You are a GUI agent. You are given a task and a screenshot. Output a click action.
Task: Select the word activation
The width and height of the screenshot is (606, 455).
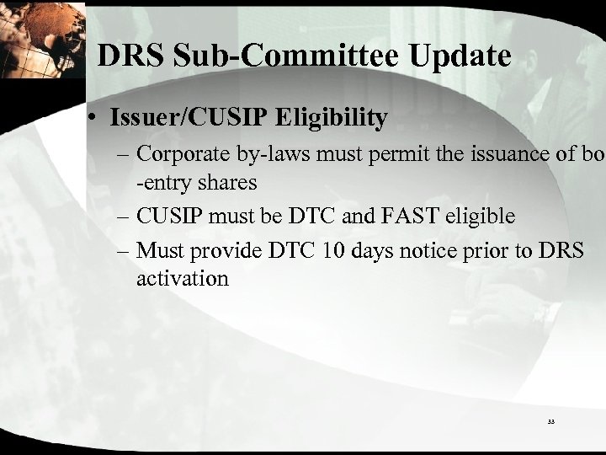pos(182,279)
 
